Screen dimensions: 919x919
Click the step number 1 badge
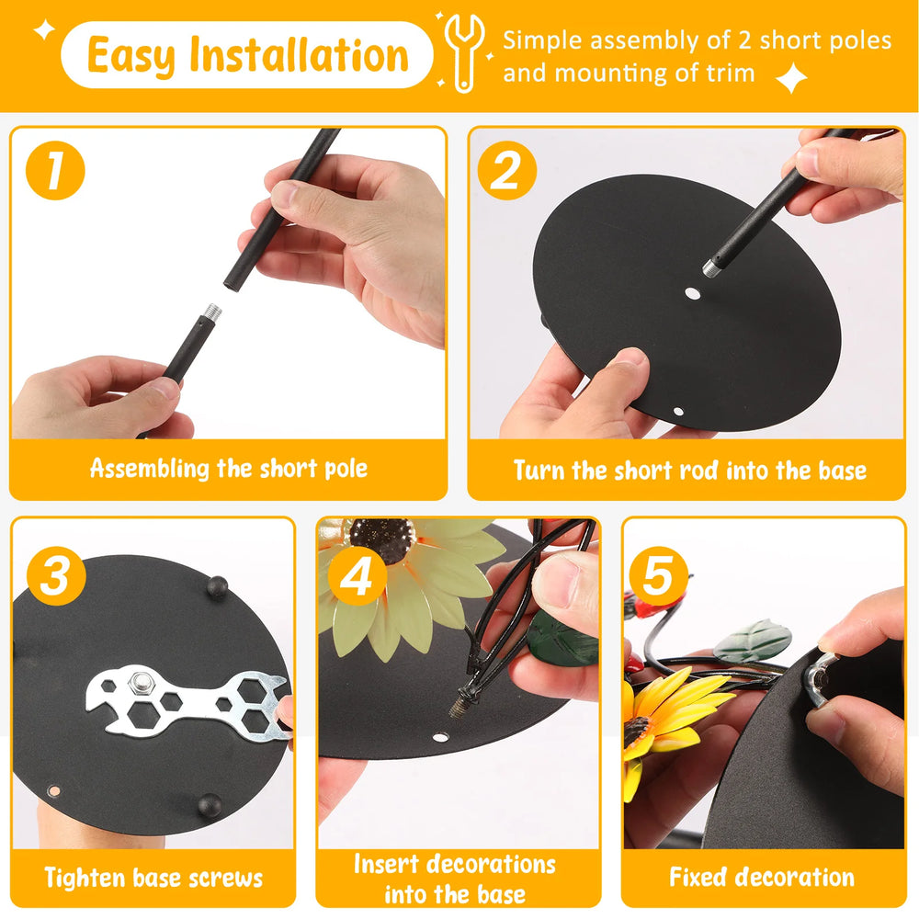(x=56, y=171)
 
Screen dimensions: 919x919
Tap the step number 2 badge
(x=507, y=171)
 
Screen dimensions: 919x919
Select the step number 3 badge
(x=56, y=576)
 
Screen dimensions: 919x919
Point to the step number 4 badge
(x=357, y=576)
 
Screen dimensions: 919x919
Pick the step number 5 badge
(x=658, y=576)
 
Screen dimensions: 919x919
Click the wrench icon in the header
(x=463, y=52)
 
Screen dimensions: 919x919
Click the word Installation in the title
(x=299, y=54)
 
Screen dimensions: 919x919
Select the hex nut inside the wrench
(x=140, y=682)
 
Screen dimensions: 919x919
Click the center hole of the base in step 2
(x=693, y=293)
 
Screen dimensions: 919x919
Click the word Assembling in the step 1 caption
(x=150, y=469)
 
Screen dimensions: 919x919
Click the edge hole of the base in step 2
(x=678, y=412)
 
